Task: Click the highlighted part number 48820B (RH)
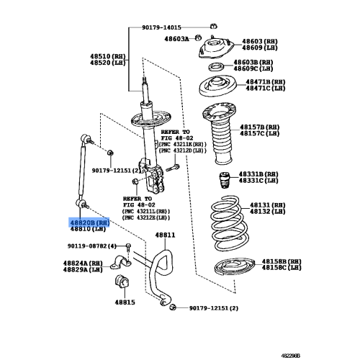tap(89, 222)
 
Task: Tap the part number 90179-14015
tap(161, 27)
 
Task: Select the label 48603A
tap(176, 39)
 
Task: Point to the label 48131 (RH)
tap(267, 205)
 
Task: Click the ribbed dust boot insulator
tap(219, 133)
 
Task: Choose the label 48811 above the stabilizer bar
tap(165, 235)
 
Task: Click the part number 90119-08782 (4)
tap(91, 246)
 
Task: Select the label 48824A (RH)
tap(83, 264)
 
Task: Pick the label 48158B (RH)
tap(282, 261)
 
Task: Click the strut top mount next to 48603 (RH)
tap(216, 49)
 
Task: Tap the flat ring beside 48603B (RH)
tap(216, 67)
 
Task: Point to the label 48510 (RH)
tap(108, 56)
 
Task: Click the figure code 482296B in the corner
tap(291, 356)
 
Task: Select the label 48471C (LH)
tap(266, 89)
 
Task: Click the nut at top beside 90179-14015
tap(213, 26)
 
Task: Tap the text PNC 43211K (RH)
tap(182, 145)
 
